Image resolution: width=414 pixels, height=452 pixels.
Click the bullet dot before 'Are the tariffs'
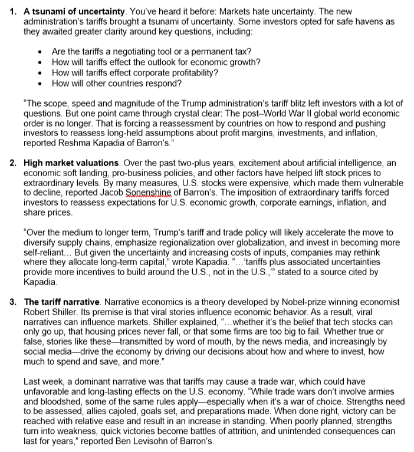[39, 52]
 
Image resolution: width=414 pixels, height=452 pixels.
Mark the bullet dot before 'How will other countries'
[39, 83]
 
